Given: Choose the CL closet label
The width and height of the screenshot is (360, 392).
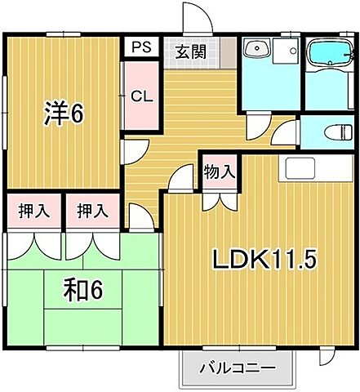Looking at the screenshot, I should [x=141, y=96].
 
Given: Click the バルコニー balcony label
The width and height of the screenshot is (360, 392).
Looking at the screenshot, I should [x=238, y=368].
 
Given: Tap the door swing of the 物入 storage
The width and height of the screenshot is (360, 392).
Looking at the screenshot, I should [x=218, y=199].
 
